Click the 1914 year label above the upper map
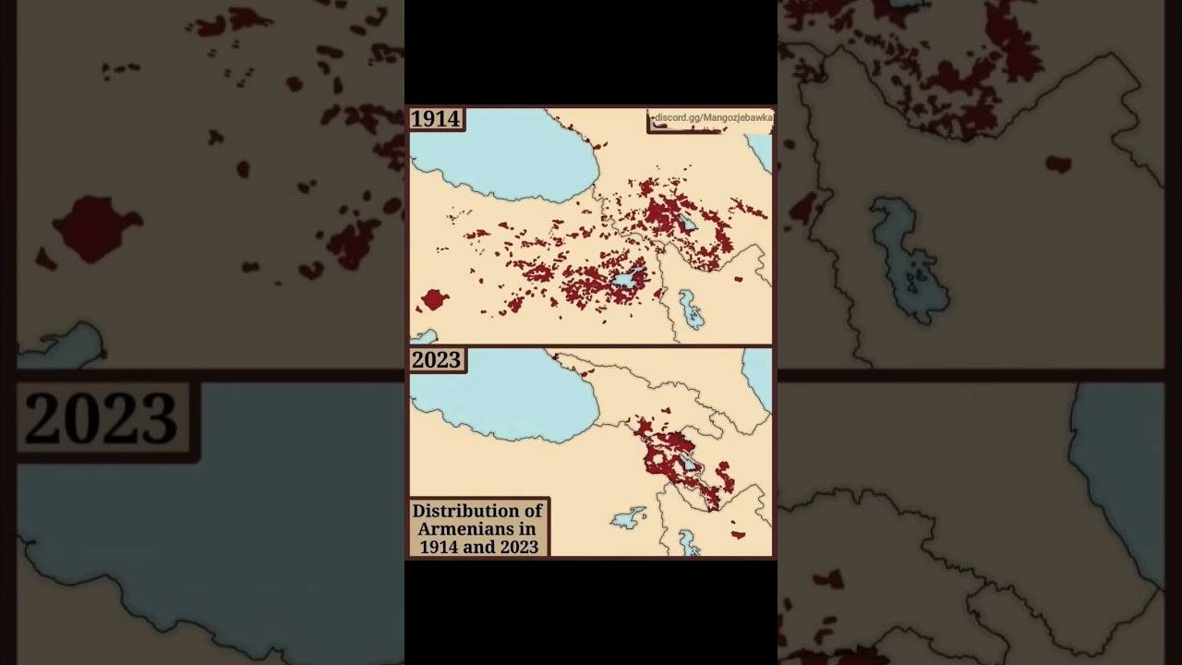click(435, 119)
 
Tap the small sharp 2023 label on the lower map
click(436, 360)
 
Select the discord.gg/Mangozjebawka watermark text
click(712, 118)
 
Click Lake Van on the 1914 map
click(624, 279)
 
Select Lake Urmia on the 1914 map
click(690, 309)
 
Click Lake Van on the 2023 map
click(627, 518)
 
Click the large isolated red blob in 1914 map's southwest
click(433, 299)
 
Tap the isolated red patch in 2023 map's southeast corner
click(737, 534)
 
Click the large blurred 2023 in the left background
click(102, 418)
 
